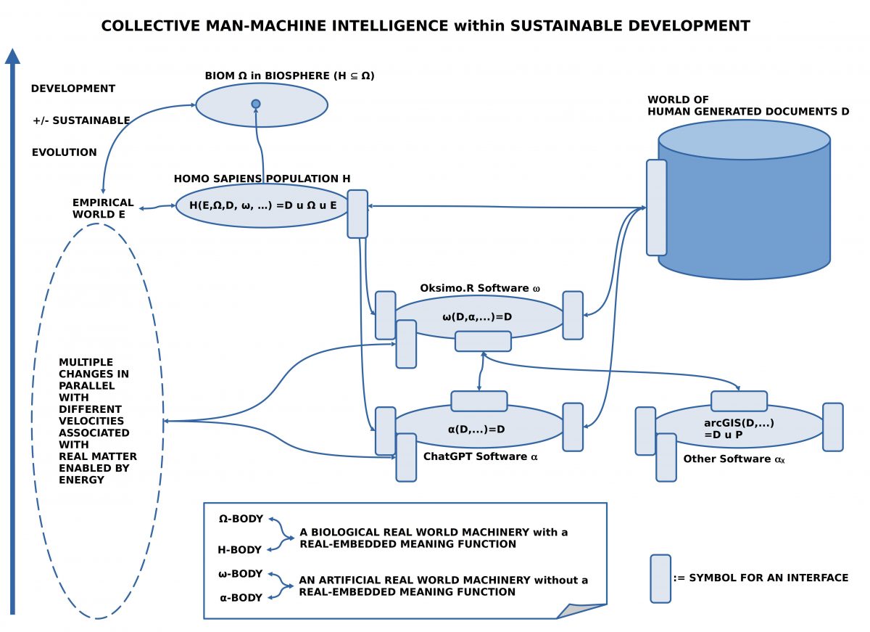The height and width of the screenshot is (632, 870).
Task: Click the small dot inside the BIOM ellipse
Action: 255,104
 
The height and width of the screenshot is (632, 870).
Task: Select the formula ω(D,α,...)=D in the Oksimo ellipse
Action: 477,316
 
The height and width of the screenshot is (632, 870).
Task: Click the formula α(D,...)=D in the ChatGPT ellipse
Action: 476,429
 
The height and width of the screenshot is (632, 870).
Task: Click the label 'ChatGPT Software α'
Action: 481,456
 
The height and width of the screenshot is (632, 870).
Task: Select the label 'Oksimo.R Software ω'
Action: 480,288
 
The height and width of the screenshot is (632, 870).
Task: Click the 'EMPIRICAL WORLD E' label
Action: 103,208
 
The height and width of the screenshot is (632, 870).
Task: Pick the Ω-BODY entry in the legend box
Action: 241,519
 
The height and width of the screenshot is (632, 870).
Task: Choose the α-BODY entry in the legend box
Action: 241,597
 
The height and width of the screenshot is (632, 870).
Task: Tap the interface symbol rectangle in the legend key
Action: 660,578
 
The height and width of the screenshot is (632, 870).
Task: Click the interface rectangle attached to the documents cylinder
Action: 656,208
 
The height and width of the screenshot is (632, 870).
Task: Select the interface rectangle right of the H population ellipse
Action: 357,213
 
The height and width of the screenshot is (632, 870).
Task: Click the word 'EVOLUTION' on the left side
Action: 64,152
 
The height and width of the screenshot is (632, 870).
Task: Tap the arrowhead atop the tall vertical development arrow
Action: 12,57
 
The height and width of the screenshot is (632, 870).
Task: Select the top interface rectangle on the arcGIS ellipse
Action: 738,401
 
